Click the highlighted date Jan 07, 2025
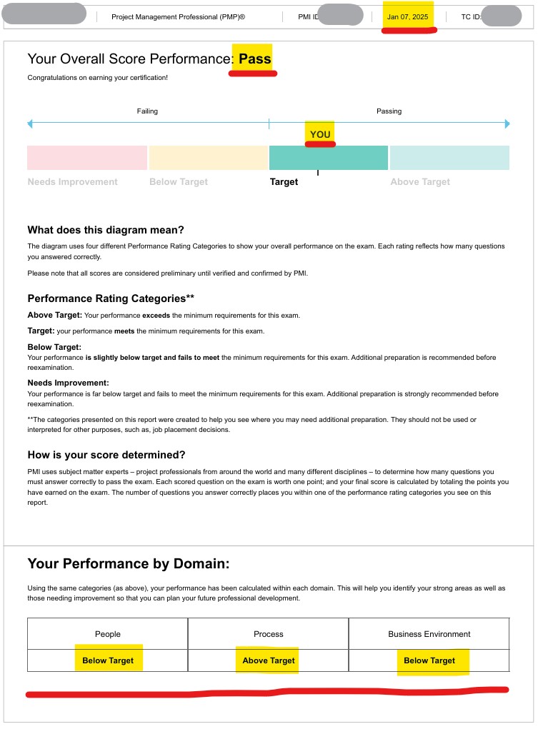click(407, 16)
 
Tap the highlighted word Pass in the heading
click(255, 59)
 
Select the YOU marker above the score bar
click(320, 134)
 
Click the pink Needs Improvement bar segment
click(87, 158)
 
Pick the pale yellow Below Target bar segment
click(208, 158)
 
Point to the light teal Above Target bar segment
click(449, 158)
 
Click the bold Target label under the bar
click(284, 182)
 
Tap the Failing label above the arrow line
click(147, 111)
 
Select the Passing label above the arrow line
click(389, 111)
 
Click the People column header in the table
click(108, 634)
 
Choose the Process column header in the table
click(269, 634)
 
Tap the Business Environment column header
click(429, 634)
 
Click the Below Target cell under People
click(108, 660)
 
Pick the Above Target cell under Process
click(269, 660)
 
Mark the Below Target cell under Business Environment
click(429, 660)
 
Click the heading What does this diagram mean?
click(106, 230)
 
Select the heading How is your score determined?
click(106, 455)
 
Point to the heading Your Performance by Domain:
click(129, 564)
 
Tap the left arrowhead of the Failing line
click(30, 124)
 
